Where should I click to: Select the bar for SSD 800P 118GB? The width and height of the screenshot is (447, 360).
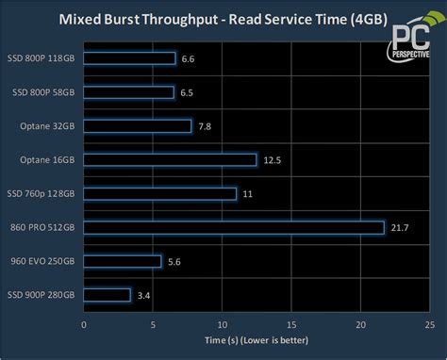click(x=129, y=58)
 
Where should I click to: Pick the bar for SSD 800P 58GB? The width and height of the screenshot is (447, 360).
click(x=128, y=92)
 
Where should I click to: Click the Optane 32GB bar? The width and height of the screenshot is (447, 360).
click(x=138, y=126)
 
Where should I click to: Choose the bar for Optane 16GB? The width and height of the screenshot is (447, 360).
click(x=170, y=160)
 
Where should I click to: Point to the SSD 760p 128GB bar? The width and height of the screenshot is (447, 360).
click(x=159, y=193)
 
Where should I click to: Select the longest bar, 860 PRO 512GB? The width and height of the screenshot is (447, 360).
click(x=234, y=227)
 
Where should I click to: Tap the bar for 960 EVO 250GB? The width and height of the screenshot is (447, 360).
click(x=123, y=261)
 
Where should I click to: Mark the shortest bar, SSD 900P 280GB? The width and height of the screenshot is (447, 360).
click(x=108, y=295)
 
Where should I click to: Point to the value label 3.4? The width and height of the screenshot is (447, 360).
click(x=143, y=296)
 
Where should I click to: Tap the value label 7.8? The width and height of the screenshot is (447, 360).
click(x=206, y=126)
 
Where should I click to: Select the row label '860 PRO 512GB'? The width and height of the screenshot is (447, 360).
click(x=42, y=227)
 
